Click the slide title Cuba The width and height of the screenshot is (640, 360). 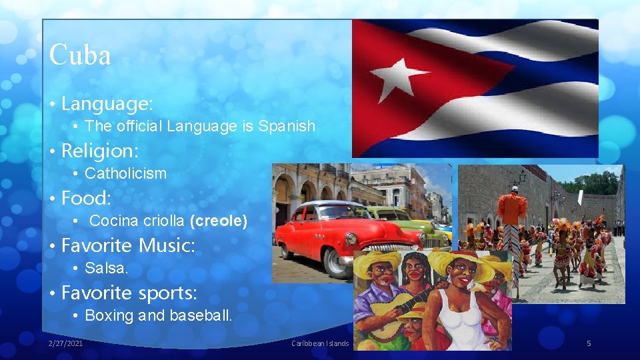80,55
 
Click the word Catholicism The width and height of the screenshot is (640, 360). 126,173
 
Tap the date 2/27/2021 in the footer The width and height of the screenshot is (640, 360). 66,343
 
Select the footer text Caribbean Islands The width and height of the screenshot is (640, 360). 320,343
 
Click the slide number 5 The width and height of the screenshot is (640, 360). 589,343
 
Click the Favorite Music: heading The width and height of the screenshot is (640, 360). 128,245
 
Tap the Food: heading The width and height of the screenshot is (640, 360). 86,198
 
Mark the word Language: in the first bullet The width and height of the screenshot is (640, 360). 107,103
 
